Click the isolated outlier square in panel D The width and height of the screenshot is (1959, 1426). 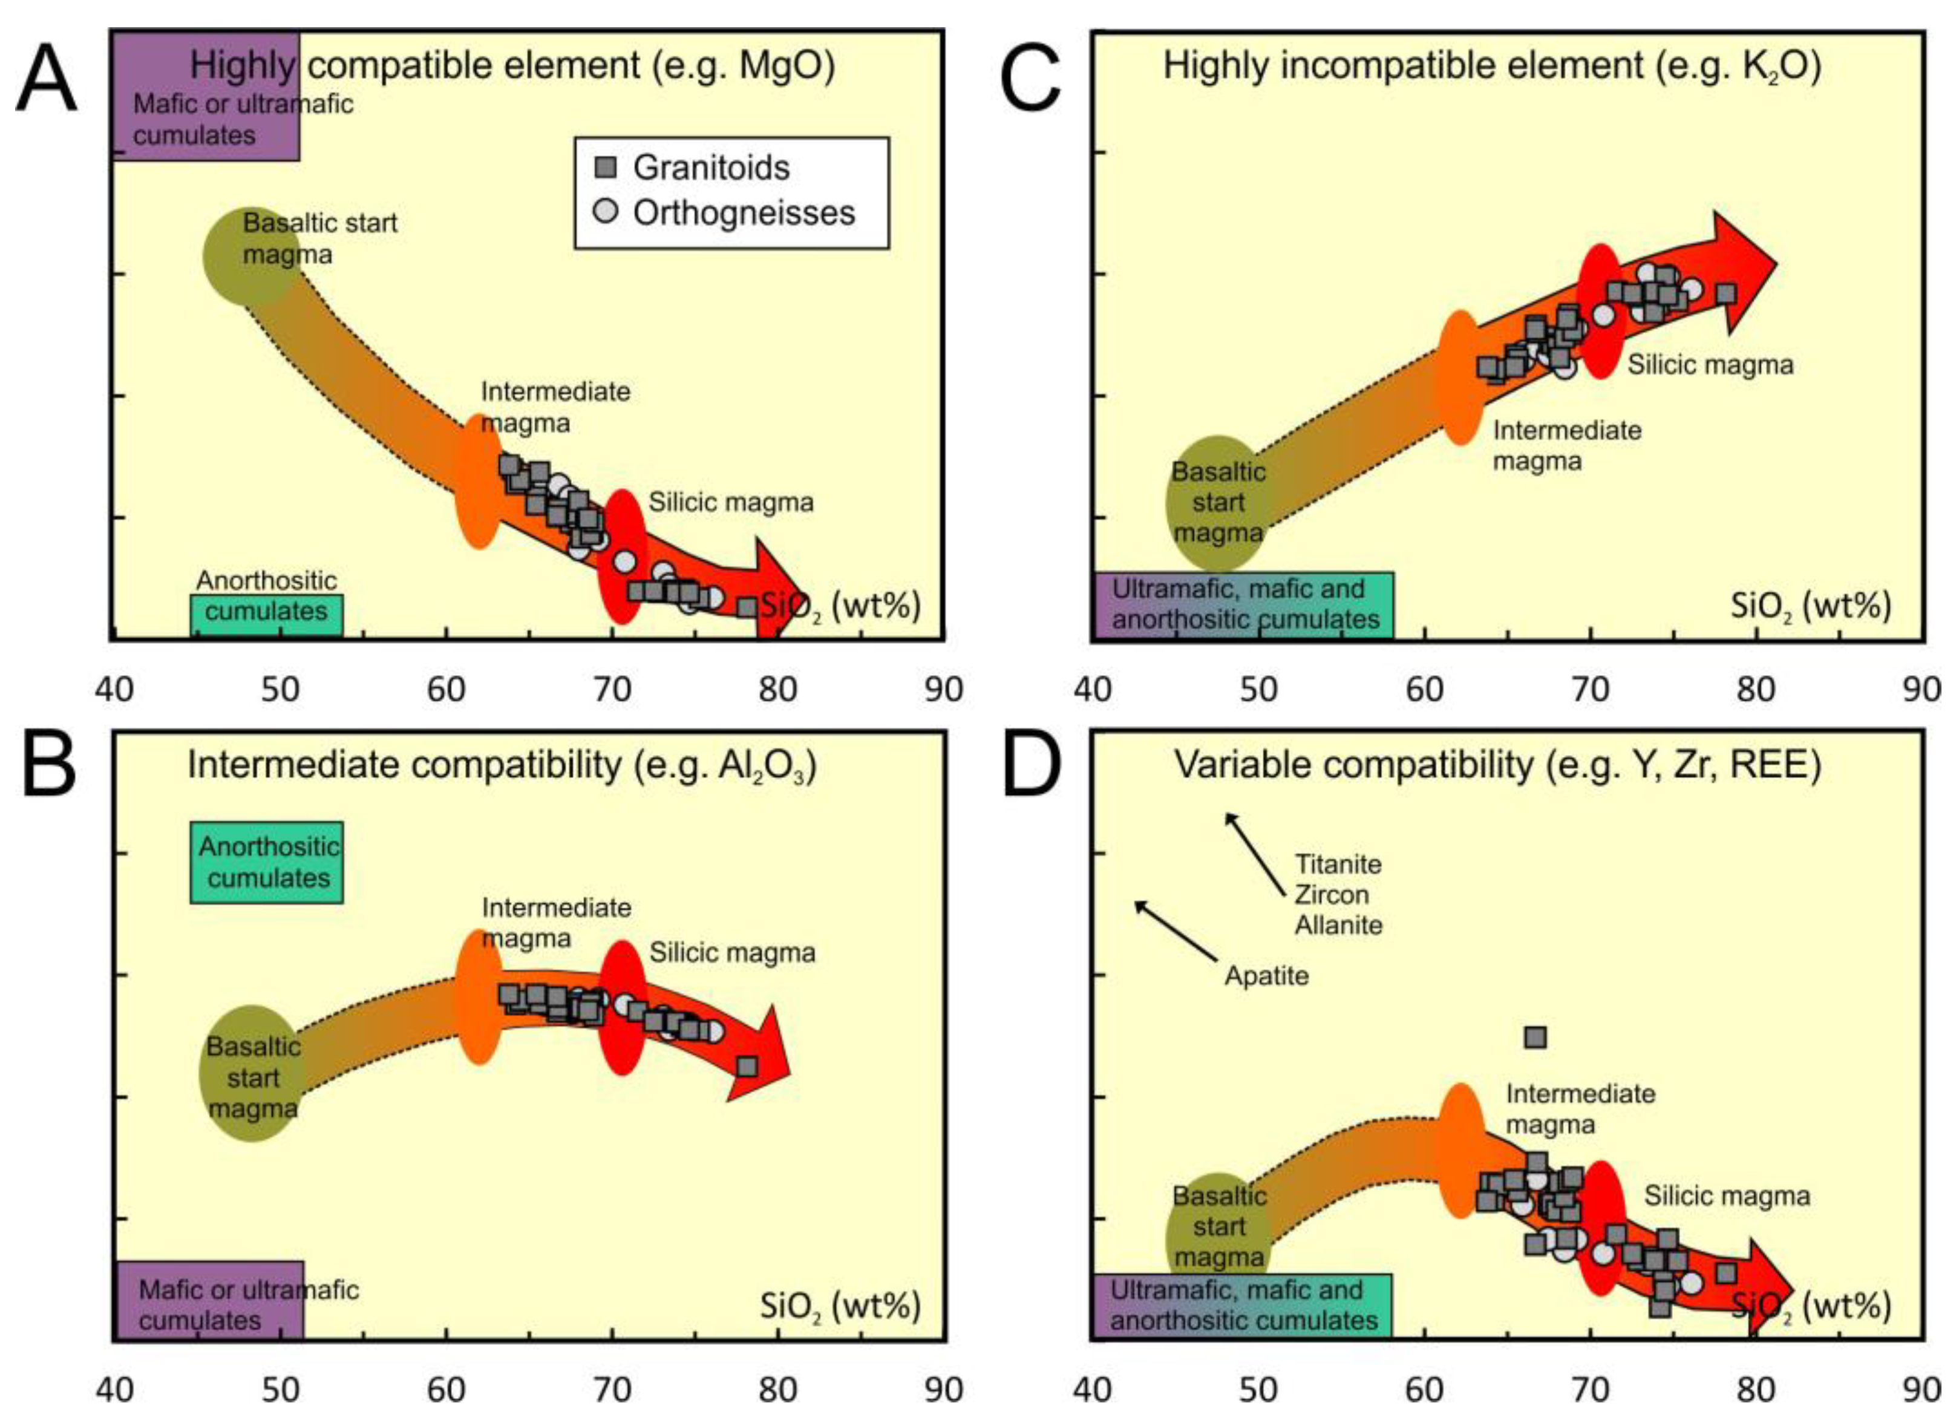[1535, 1038]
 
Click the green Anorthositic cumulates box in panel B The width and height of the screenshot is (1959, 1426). [267, 862]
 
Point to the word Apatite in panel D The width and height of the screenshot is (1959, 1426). [1266, 976]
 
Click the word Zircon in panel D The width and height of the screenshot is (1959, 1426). [1331, 894]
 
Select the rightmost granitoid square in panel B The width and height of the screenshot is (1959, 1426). [747, 1066]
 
